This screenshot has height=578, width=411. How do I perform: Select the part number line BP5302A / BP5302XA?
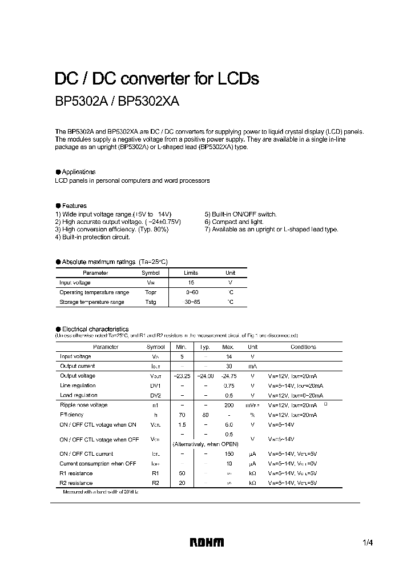pyautogui.click(x=117, y=102)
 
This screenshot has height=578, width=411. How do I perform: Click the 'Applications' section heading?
pyautogui.click(x=78, y=172)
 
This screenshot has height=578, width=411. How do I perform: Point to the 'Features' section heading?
pyautogui.click(x=74, y=206)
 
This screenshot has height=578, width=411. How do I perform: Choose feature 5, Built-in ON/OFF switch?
pyautogui.click(x=240, y=214)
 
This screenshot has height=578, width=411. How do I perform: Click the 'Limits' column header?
pyautogui.click(x=191, y=273)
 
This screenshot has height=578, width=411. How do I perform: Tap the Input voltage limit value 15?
pyautogui.click(x=191, y=283)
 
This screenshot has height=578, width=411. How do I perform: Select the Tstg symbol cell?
pyautogui.click(x=151, y=302)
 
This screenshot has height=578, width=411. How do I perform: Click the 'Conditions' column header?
pyautogui.click(x=303, y=347)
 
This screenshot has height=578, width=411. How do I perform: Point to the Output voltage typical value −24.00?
pyautogui.click(x=205, y=376)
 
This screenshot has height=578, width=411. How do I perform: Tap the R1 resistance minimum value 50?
pyautogui.click(x=182, y=473)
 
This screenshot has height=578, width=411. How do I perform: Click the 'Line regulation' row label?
pyautogui.click(x=78, y=386)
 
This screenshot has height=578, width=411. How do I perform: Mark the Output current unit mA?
pyautogui.click(x=252, y=366)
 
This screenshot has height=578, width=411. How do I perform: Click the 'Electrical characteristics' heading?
pyautogui.click(x=95, y=329)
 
